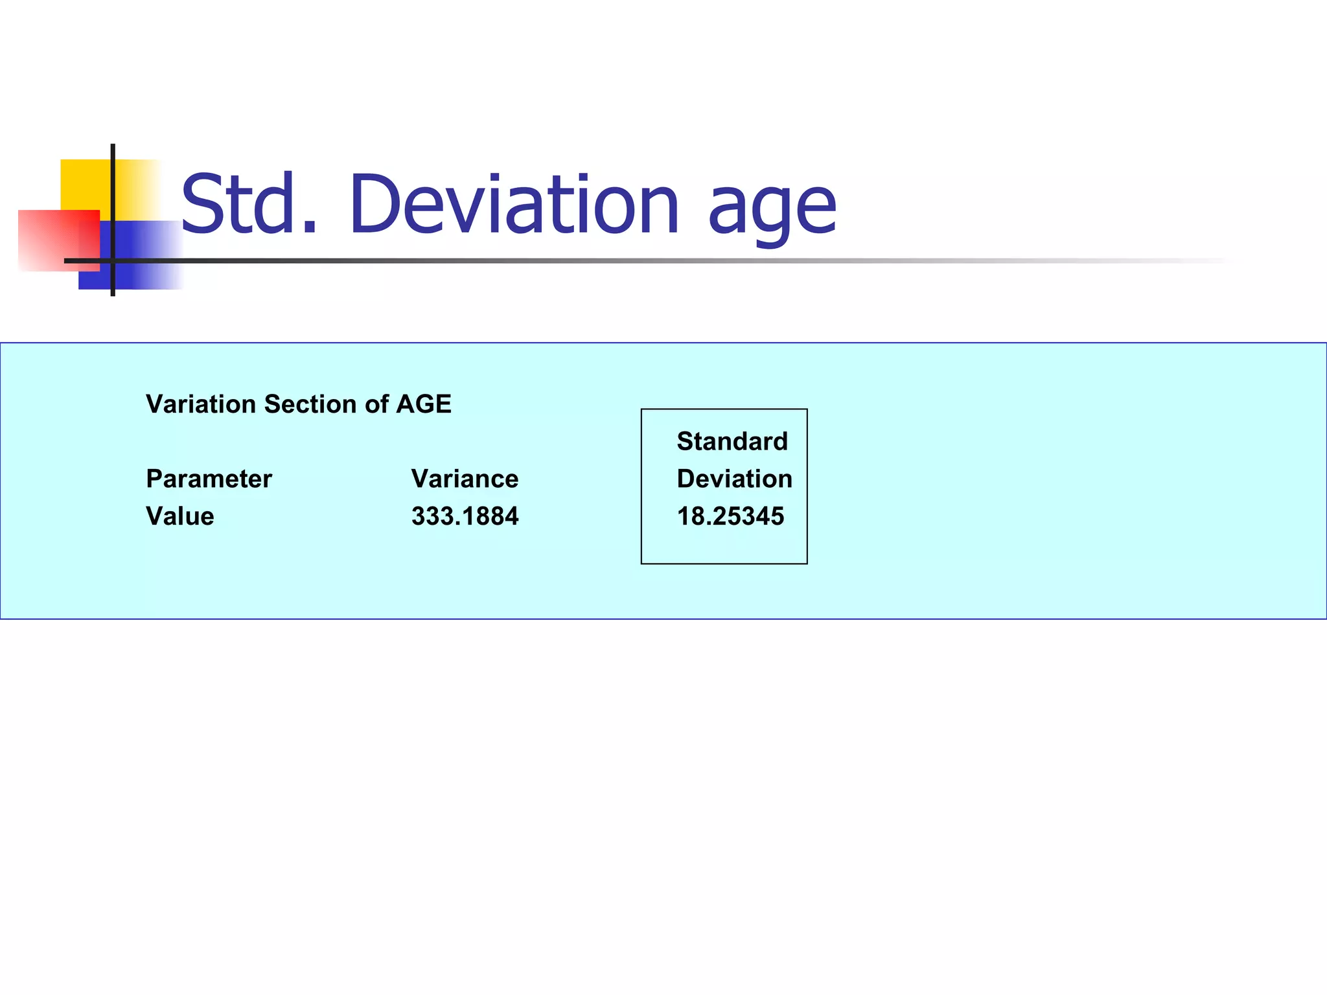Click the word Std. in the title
coord(249,205)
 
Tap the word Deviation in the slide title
coord(514,205)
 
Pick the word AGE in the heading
coord(424,404)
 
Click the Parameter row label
coord(209,479)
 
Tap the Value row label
coord(179,516)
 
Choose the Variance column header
coord(465,479)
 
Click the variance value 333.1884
coord(465,516)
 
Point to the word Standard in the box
coord(732,442)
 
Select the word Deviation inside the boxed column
coord(734,479)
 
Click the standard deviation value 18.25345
coord(730,516)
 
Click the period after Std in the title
coord(310,227)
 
